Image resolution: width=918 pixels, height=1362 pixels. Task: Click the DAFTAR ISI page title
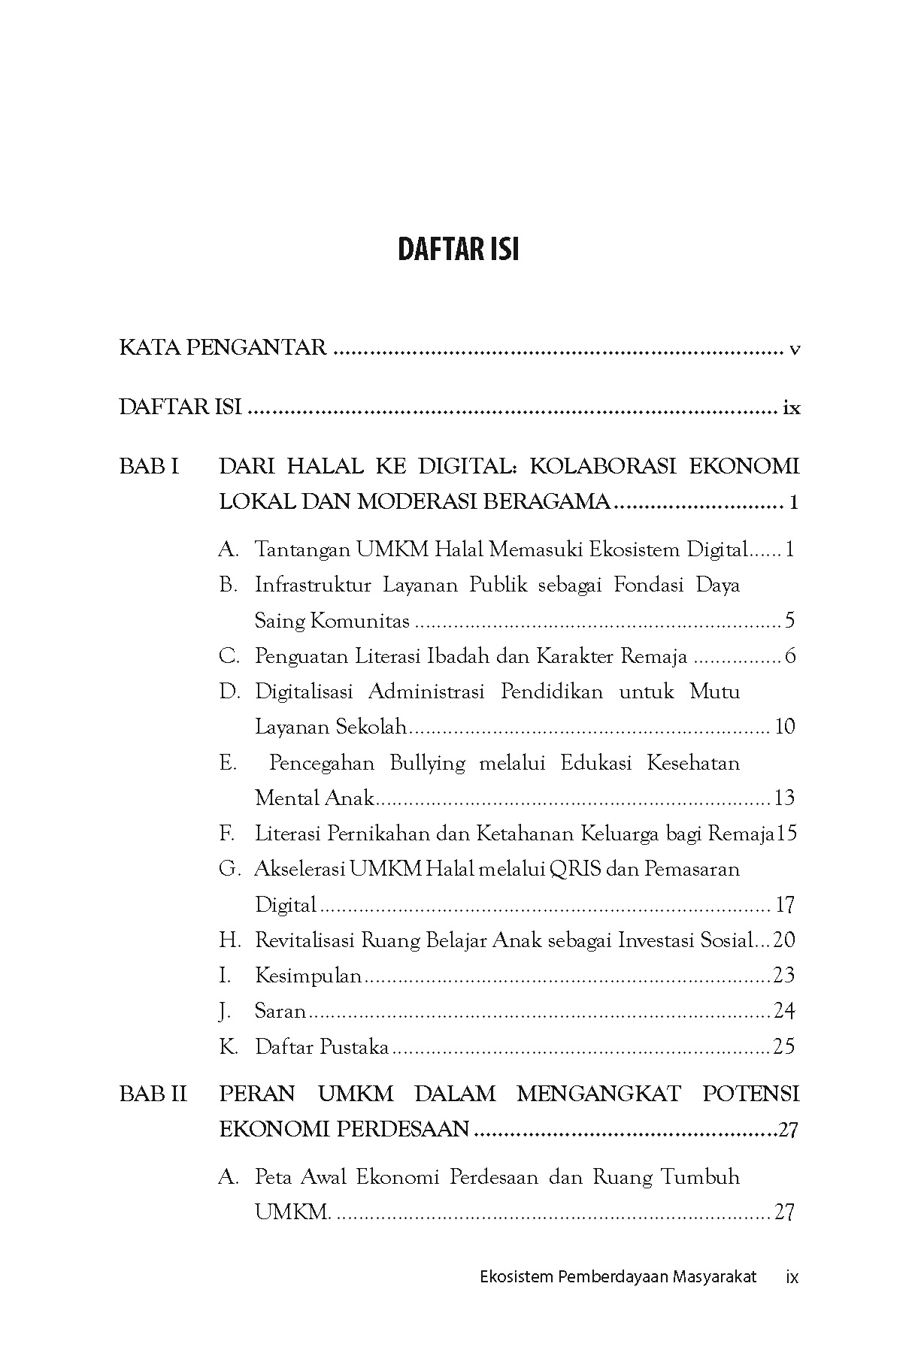click(x=458, y=250)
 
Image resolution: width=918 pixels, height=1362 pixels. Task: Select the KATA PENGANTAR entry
click(x=223, y=348)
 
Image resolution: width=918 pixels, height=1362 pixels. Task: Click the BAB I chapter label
click(x=149, y=467)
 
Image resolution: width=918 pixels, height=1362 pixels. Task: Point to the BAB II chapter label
click(x=153, y=1094)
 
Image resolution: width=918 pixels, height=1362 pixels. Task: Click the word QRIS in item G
click(x=574, y=869)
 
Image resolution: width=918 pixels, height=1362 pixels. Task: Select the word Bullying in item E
click(x=427, y=763)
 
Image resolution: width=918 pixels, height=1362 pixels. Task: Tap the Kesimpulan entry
click(x=308, y=976)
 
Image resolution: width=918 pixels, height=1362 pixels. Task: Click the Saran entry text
click(x=280, y=1012)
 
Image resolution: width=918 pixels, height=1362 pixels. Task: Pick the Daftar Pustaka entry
click(x=322, y=1047)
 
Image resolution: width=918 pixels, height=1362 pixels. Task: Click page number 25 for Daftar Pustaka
click(x=783, y=1047)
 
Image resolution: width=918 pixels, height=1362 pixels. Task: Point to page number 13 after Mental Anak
click(x=783, y=798)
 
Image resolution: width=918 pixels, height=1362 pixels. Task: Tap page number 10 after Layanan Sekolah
click(x=784, y=727)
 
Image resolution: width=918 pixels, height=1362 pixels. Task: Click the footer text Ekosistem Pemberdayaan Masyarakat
click(x=617, y=1277)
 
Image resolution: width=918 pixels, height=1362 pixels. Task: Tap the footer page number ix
click(x=791, y=1277)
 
